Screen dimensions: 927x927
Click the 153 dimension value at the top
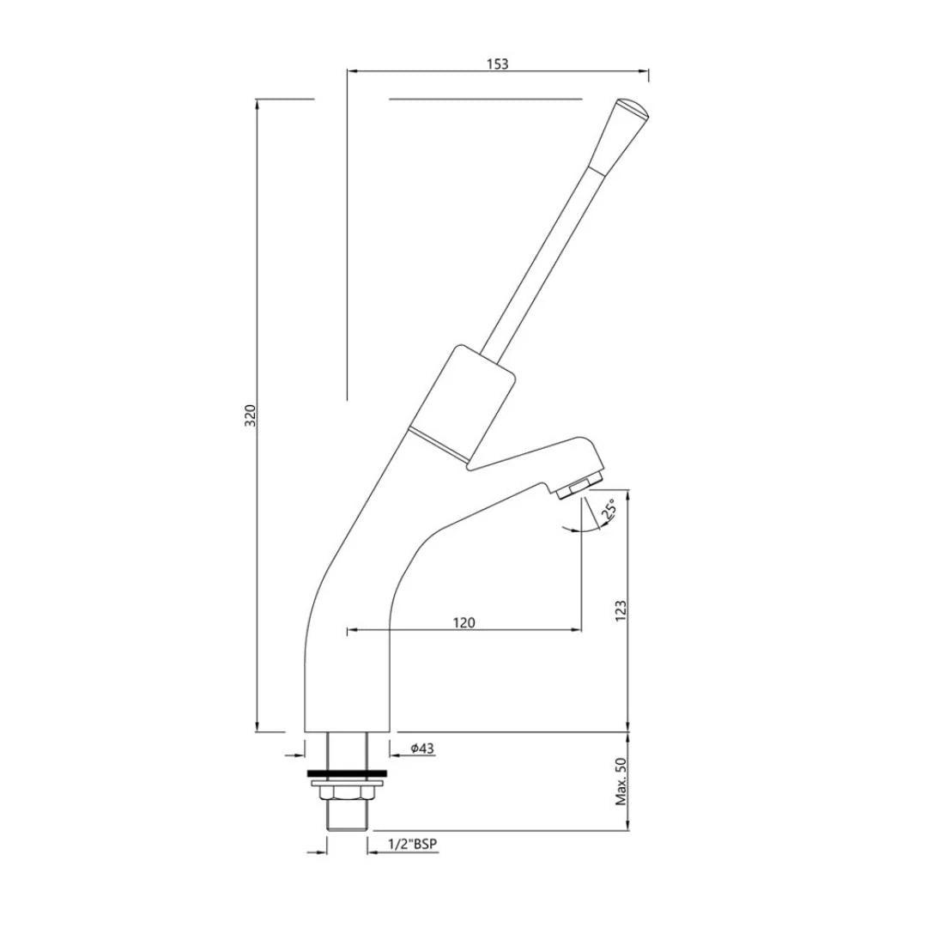coord(497,64)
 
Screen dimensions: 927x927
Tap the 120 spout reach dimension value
coord(463,622)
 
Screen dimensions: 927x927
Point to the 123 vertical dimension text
coord(622,609)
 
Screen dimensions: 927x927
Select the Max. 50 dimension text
coord(622,782)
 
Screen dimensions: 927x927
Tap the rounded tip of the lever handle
coord(633,109)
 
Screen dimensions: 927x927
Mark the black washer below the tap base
coord(348,773)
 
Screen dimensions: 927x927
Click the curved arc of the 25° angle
coord(577,530)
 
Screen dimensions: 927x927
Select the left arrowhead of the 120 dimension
coord(351,631)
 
